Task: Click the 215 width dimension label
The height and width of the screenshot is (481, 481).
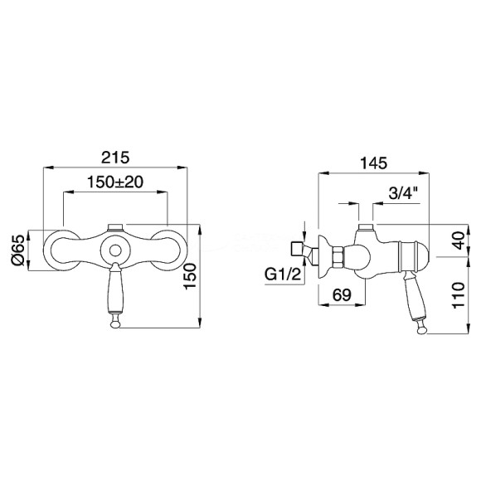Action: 115,158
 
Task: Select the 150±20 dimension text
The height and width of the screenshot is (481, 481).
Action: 115,182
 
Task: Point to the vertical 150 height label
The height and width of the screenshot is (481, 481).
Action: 190,276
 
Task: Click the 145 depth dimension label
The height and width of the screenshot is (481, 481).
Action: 373,163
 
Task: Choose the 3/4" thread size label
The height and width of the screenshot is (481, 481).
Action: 403,193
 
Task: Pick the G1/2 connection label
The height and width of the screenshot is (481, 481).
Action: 283,275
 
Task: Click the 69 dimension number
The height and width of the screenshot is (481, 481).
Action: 342,295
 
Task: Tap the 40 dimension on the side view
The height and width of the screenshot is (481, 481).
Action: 459,240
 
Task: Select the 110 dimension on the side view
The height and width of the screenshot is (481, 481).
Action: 459,296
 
